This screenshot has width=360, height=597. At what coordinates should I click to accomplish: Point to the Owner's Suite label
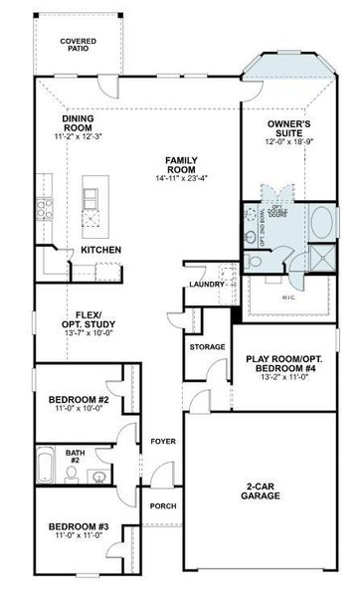289,128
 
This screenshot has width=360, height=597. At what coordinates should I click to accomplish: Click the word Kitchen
100,249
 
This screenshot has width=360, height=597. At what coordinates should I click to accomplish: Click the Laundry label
202,287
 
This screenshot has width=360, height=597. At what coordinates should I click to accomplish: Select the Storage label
207,346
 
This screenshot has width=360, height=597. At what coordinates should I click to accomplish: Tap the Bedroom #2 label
76,401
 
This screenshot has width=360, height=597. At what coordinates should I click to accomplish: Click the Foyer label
161,440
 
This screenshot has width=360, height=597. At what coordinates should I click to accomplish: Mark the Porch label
162,506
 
